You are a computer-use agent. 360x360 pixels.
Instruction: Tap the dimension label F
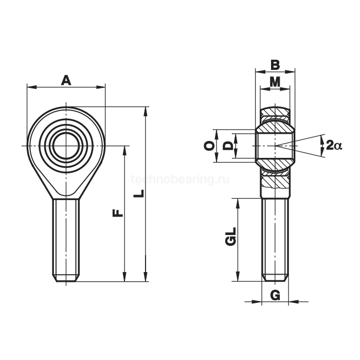(x=117, y=211)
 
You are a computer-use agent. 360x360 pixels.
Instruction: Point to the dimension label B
(x=275, y=65)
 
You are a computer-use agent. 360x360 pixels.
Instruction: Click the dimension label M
(x=275, y=81)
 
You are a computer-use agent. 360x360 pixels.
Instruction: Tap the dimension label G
(x=275, y=295)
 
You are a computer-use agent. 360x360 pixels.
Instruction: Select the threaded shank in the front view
(x=66, y=237)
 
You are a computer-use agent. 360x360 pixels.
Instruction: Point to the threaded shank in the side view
(x=275, y=237)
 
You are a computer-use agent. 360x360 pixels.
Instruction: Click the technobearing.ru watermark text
(x=180, y=179)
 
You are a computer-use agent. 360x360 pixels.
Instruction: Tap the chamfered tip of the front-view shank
(x=66, y=278)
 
